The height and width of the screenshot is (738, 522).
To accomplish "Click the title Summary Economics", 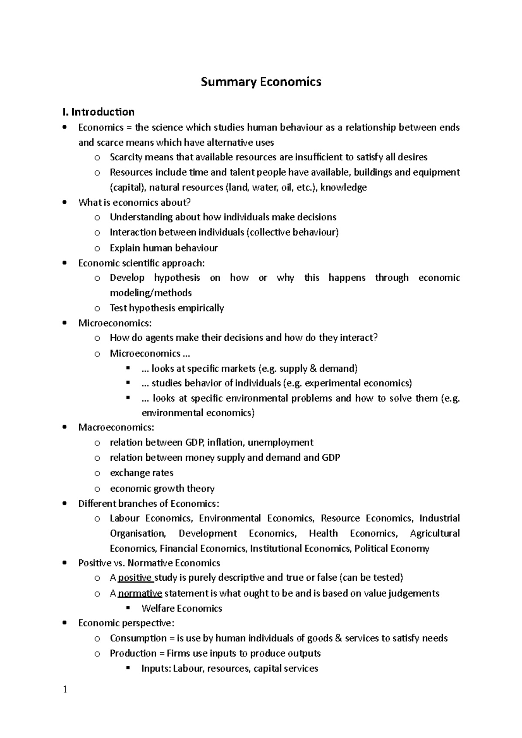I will point(261,82).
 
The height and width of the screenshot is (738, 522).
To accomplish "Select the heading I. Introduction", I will point(98,112).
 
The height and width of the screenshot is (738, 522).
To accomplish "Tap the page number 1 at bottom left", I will point(65,690).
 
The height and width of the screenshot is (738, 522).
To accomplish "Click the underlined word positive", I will point(135,578).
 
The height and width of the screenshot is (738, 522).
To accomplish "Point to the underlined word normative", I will point(140,593).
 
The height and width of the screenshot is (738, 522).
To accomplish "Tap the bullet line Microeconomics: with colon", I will point(115,323).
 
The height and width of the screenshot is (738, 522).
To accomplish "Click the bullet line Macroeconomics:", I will point(116,427).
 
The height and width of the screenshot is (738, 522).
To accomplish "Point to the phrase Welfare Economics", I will point(182,608).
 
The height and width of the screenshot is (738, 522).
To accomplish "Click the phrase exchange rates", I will point(141,473).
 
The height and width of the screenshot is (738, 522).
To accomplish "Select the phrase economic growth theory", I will point(162,489).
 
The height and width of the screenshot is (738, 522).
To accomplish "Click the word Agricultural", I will point(435,533).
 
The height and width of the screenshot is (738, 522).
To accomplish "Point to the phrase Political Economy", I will point(391,549).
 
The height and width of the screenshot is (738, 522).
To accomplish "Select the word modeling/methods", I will point(151,293).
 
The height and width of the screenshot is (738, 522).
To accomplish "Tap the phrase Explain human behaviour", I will point(164,248).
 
